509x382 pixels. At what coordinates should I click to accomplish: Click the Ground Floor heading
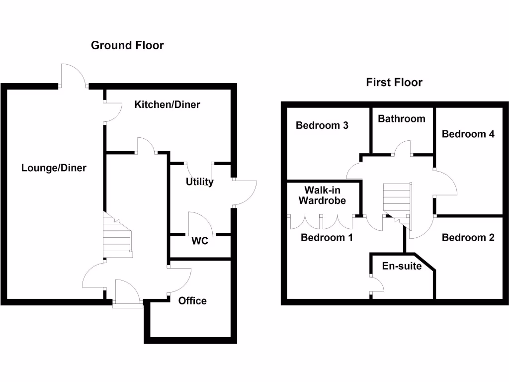click(127, 46)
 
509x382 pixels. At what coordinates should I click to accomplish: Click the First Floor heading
click(394, 83)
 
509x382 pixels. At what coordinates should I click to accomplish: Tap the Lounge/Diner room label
click(54, 168)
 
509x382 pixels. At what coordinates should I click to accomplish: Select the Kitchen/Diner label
click(168, 104)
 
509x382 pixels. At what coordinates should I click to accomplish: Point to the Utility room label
click(200, 182)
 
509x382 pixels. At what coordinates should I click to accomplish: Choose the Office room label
click(192, 301)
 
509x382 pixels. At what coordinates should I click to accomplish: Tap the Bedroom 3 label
click(322, 125)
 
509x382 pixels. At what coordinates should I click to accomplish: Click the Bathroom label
click(402, 119)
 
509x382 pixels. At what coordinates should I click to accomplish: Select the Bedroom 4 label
click(468, 134)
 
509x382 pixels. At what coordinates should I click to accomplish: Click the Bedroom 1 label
click(327, 238)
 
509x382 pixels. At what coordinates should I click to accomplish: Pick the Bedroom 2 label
click(468, 238)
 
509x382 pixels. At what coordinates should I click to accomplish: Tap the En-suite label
click(402, 266)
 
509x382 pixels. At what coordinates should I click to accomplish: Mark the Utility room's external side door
click(245, 192)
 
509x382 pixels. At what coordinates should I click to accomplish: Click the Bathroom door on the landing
click(402, 148)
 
